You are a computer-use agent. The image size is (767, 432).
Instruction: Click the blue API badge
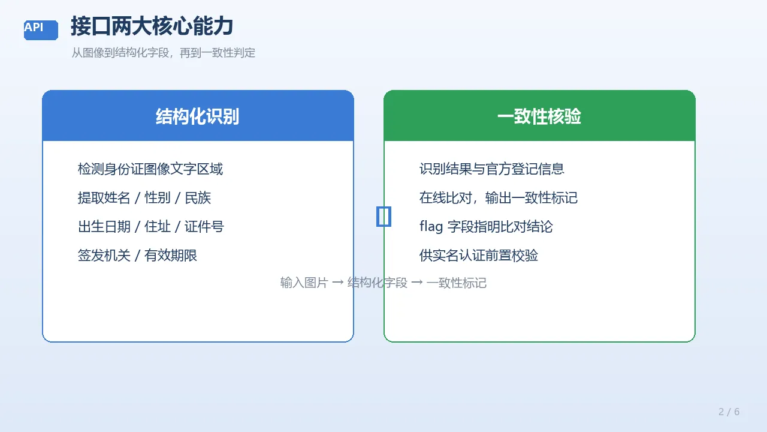41,30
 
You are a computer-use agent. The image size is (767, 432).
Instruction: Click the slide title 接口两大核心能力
152,26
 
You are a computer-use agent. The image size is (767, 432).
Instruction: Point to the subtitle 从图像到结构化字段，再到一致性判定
164,53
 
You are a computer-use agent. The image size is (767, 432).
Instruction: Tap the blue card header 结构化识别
198,116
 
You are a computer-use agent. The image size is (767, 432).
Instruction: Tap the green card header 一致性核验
539,116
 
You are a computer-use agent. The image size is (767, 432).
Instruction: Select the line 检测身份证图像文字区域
150,169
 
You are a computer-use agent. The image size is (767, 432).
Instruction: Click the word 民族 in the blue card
198,198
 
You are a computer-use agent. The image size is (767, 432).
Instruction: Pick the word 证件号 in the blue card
204,227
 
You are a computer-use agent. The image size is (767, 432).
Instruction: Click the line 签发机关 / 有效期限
137,256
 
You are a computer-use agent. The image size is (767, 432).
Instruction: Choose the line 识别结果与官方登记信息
492,169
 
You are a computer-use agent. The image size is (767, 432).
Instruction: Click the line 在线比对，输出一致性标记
499,198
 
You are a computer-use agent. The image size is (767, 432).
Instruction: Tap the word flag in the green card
431,227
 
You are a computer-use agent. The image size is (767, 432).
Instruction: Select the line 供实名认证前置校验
479,256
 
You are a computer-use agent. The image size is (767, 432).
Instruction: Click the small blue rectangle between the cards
378,217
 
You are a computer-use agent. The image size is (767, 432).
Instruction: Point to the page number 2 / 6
729,412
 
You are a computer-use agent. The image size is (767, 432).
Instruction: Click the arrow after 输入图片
338,283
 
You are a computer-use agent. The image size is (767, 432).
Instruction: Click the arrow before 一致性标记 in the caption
417,283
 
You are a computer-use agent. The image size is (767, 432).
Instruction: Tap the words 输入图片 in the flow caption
304,283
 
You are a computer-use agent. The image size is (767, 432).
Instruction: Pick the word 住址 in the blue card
158,227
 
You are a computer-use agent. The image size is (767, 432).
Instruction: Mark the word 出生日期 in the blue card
104,227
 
